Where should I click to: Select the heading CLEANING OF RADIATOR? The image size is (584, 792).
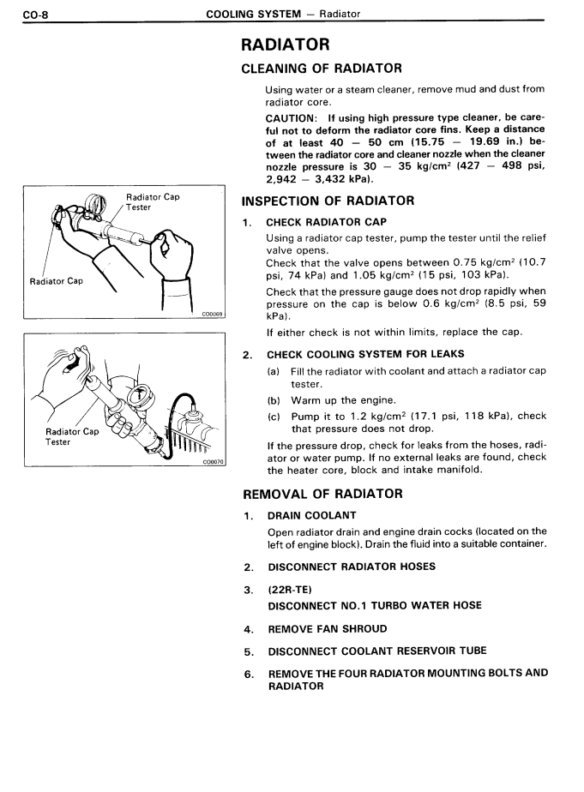[x=322, y=68]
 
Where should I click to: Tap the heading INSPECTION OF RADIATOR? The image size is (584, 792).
[x=328, y=201]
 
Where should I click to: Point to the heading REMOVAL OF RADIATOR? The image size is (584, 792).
[x=323, y=494]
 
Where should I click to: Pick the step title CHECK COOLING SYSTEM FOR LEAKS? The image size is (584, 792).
[x=365, y=354]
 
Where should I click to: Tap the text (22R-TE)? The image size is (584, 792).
[x=288, y=590]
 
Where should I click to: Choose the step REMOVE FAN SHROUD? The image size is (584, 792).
[x=328, y=628]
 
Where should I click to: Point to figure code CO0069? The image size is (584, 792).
[x=212, y=314]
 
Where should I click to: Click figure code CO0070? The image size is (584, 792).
[x=212, y=461]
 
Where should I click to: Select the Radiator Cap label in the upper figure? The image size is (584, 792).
[x=57, y=281]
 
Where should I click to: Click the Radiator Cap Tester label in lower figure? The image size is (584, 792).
[x=71, y=436]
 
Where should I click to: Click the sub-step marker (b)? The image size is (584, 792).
[x=274, y=400]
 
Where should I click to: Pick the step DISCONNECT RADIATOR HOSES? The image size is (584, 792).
[x=352, y=567]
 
